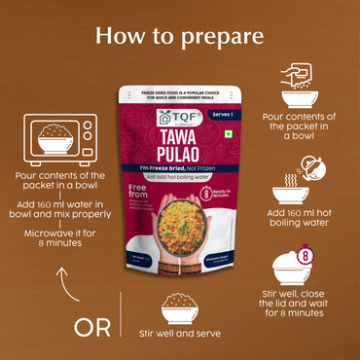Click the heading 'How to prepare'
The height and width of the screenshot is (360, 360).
pyautogui.click(x=180, y=36)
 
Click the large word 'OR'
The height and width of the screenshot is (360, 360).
pyautogui.click(x=93, y=327)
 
